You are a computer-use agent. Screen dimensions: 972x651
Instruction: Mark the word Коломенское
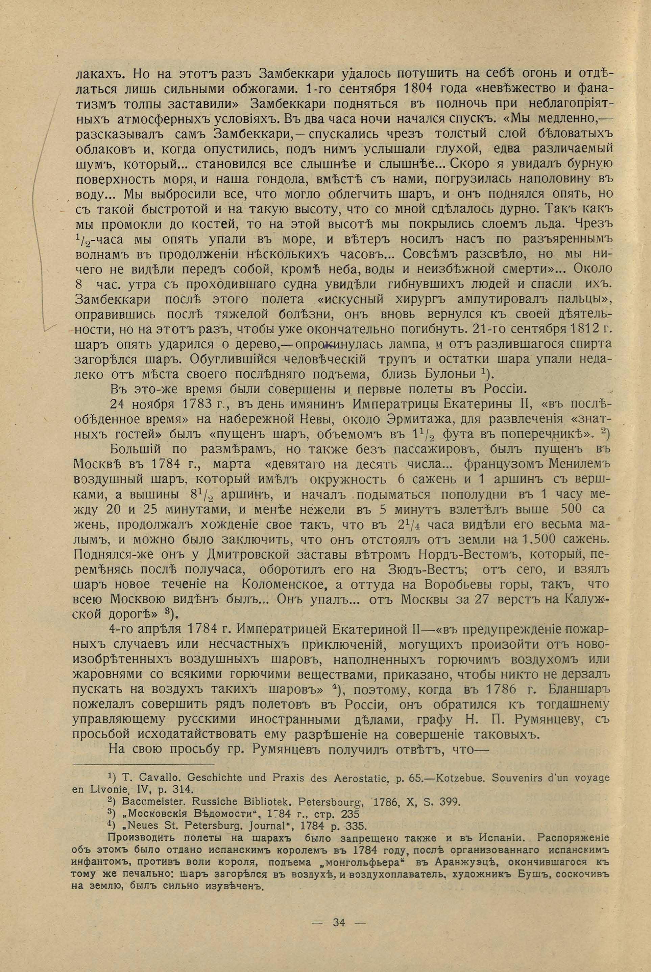point(286,584)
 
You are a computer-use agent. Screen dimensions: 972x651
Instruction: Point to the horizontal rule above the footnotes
point(143,765)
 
